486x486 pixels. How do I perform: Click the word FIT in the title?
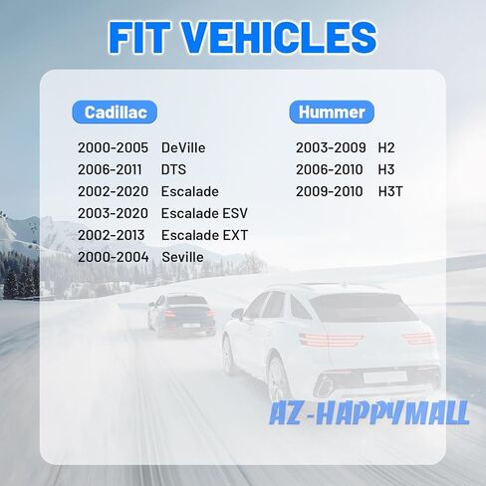[x=139, y=37]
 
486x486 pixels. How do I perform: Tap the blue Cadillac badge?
[x=115, y=113]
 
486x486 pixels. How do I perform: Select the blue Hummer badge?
[x=332, y=112]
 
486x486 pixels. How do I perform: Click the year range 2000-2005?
[x=113, y=147]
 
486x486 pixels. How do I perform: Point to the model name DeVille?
[x=183, y=147]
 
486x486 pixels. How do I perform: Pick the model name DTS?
[x=173, y=169]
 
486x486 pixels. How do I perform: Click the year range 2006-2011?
[x=110, y=169]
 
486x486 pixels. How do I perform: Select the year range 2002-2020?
[x=113, y=191]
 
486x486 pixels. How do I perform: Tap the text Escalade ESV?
[x=204, y=213]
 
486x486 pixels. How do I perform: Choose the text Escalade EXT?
[x=204, y=235]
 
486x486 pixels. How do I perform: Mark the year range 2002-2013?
[x=112, y=235]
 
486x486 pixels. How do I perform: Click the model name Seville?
[x=182, y=257]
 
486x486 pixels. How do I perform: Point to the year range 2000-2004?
[x=114, y=257]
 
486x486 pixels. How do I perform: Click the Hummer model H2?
[x=386, y=147]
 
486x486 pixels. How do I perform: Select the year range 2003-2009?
[x=331, y=147]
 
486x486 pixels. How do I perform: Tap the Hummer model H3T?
[x=390, y=191]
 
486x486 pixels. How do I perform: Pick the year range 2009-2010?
[x=330, y=191]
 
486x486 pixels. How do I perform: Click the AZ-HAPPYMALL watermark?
[x=369, y=413]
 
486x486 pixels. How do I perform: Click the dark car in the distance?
[x=182, y=314]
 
